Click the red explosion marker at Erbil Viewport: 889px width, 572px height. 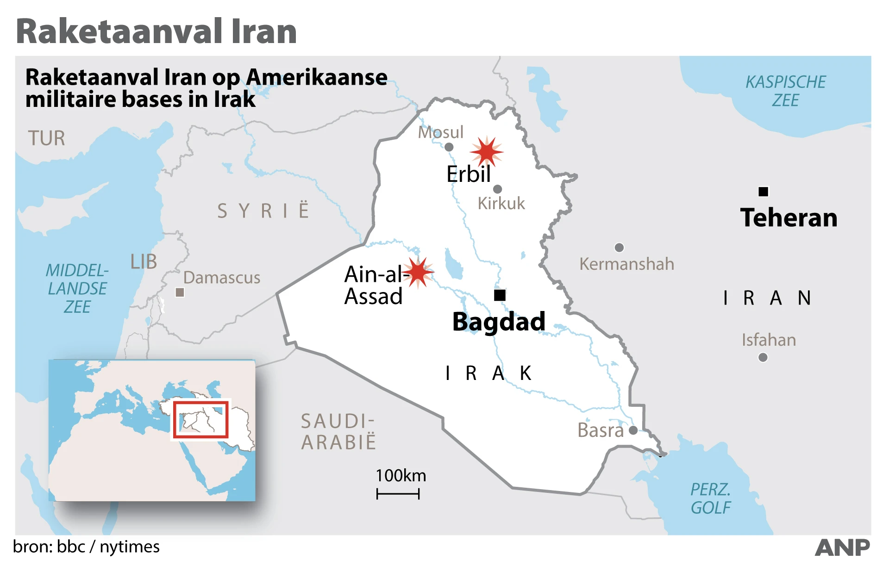487,151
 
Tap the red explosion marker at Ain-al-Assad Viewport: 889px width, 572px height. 418,272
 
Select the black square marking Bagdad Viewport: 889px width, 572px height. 500,295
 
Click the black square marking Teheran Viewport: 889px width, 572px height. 764,192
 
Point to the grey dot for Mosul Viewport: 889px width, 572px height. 449,147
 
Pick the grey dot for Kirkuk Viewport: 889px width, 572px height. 498,189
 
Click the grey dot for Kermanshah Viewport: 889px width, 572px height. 619,248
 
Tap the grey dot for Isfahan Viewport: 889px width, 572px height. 763,357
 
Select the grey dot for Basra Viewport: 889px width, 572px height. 633,430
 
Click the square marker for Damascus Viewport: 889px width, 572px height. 180,292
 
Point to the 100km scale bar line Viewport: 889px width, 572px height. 398,494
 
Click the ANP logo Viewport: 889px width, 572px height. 842,548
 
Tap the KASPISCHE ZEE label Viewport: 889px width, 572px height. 785,91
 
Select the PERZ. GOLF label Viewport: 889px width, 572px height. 710,498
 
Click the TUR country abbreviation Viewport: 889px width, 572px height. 46,138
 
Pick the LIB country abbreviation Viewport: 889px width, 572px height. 144,262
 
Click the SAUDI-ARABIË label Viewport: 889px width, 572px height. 338,432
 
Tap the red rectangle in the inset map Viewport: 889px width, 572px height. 201,419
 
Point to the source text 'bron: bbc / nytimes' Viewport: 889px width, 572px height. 87,547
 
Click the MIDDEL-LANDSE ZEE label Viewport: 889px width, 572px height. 77,288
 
